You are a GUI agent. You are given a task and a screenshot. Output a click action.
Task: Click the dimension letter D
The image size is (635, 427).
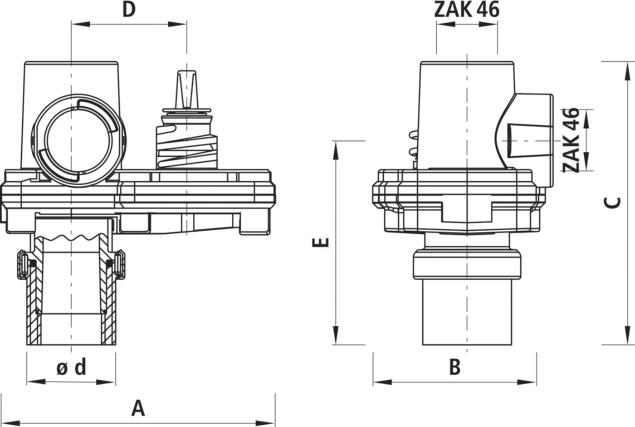click(129, 10)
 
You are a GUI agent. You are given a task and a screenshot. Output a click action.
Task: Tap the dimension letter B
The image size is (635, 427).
click(454, 367)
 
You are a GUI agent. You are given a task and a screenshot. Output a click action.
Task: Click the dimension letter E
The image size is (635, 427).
click(321, 243)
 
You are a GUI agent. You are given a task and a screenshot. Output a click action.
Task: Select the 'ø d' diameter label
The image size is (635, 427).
click(72, 367)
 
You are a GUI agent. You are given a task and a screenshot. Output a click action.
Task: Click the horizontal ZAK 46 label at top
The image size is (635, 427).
click(467, 10)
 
